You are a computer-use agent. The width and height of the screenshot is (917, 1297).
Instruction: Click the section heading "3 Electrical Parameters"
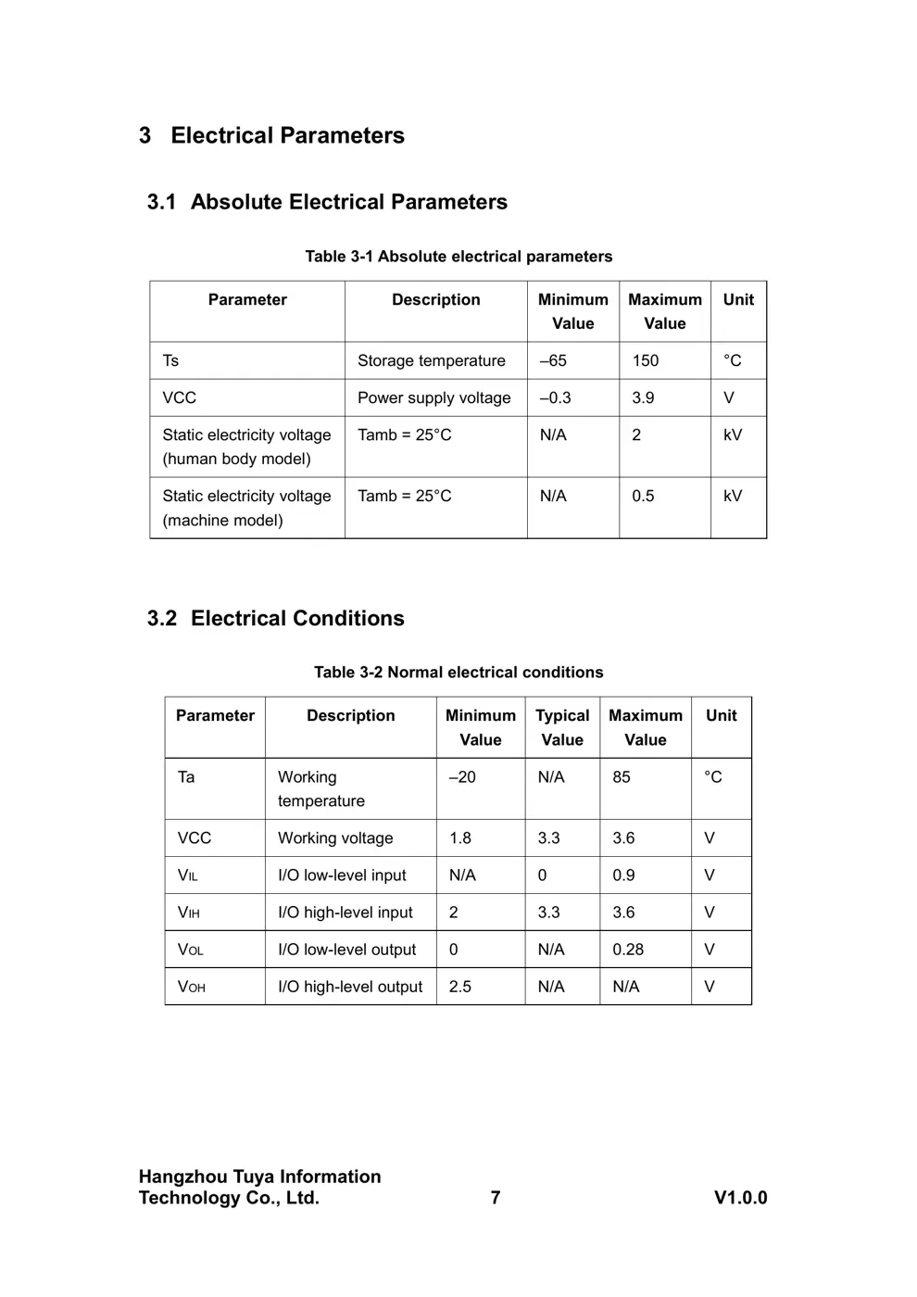click(x=271, y=135)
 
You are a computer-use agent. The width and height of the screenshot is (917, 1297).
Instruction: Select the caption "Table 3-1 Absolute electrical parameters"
click(x=458, y=257)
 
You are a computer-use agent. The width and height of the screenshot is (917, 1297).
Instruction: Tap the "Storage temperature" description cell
click(x=431, y=360)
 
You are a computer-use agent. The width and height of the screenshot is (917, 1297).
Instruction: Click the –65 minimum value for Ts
click(x=553, y=360)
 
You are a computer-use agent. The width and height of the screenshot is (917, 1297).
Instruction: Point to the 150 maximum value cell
click(x=645, y=360)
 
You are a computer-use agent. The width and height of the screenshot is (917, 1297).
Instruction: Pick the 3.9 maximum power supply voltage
click(x=643, y=397)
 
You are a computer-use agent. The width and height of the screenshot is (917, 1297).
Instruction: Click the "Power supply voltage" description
click(x=433, y=397)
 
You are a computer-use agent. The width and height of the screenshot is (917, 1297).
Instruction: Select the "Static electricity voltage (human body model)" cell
click(x=246, y=447)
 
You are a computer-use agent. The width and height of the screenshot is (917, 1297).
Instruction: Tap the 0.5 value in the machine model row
click(x=643, y=496)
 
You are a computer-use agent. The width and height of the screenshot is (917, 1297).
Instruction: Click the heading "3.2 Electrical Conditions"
click(x=275, y=618)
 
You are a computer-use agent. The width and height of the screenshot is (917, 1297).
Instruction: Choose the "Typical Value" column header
click(x=562, y=727)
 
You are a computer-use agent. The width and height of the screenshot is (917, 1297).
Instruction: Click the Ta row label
click(x=186, y=776)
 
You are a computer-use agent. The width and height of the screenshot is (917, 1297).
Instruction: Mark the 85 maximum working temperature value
click(x=621, y=776)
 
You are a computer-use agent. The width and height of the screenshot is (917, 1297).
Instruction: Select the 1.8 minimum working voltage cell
click(x=459, y=837)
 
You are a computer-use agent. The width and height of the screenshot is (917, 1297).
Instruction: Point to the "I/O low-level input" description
click(x=342, y=875)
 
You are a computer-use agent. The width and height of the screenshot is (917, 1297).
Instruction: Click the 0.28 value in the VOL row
click(x=627, y=950)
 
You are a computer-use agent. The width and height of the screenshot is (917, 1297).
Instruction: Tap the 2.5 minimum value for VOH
click(x=459, y=987)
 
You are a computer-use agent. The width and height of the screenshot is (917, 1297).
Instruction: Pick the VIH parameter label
click(x=188, y=913)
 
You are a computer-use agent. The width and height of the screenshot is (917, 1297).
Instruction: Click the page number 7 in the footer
click(x=495, y=1197)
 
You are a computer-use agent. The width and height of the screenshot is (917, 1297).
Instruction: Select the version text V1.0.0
click(x=740, y=1197)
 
